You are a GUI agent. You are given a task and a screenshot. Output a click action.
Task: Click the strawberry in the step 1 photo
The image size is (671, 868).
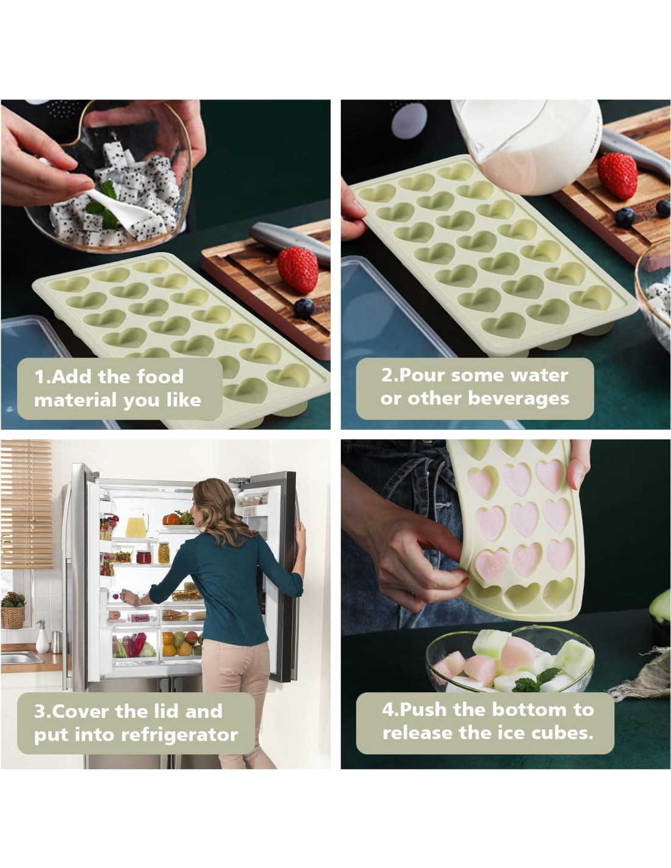[x=298, y=270]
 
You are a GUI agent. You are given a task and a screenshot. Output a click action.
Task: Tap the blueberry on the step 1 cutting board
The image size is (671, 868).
[x=304, y=308]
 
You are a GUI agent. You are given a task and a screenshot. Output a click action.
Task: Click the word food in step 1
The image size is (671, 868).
[x=160, y=377]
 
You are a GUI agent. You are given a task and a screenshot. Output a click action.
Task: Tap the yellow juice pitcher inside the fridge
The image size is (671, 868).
[x=136, y=523]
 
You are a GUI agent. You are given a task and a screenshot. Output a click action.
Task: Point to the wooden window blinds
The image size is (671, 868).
[x=26, y=504]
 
